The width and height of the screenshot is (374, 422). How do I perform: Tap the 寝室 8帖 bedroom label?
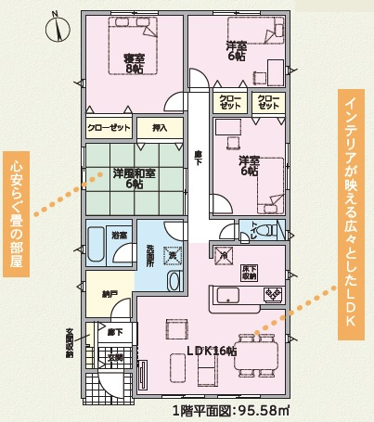click(135, 63)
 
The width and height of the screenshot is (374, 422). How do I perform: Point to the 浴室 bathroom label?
click(118, 237)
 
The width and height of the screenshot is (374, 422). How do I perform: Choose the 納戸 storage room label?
click(110, 294)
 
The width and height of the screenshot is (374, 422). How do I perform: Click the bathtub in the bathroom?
click(97, 248)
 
